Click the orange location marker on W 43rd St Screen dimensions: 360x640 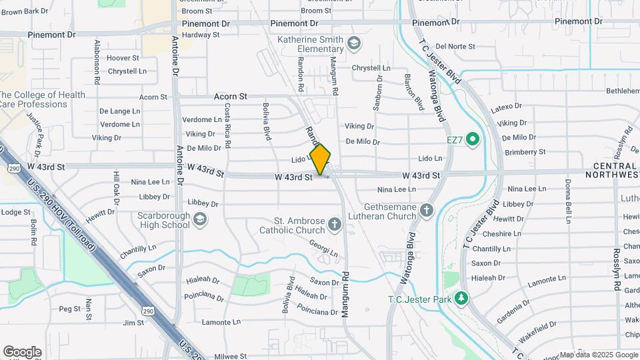321,159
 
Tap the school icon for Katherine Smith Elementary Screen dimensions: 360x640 354,44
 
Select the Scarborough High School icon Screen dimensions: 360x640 200,219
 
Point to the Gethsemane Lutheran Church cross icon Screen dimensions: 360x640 427,211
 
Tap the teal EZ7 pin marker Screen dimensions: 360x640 473,139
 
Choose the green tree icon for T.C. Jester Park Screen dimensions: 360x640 460,297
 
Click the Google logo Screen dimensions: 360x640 22,352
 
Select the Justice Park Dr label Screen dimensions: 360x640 35,131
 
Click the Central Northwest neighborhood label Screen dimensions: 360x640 611,170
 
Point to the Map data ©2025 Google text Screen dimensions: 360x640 599,355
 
